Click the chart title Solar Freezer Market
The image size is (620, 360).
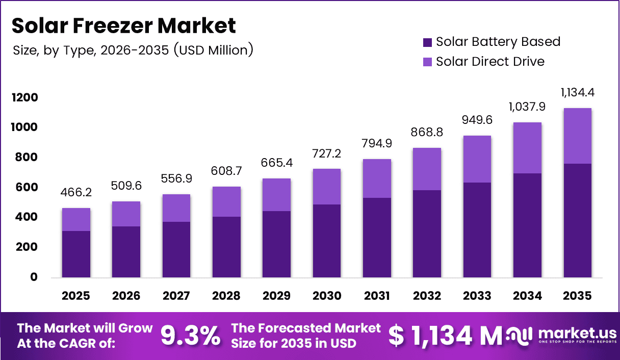(x=124, y=25)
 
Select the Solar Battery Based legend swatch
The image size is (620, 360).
(x=428, y=42)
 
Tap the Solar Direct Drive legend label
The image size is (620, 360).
(x=490, y=62)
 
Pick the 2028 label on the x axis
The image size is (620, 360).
(x=226, y=296)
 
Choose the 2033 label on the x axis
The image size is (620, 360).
(x=477, y=296)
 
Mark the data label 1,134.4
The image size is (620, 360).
(x=578, y=93)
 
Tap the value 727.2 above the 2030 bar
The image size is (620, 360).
(x=326, y=153)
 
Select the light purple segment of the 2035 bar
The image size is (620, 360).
(x=578, y=136)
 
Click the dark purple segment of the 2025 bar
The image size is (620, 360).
(x=76, y=254)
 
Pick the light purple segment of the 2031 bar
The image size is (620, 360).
(x=377, y=178)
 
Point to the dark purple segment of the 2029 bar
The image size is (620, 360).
(x=276, y=244)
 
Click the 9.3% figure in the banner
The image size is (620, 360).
(x=191, y=336)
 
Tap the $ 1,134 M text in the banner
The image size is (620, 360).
(x=445, y=336)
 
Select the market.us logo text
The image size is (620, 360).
(x=576, y=333)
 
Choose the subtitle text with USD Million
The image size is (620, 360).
(x=133, y=50)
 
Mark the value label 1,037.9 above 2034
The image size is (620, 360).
(x=527, y=107)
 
